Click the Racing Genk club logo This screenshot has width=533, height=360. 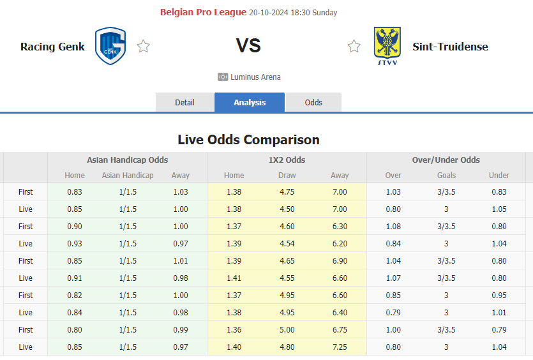click(x=110, y=46)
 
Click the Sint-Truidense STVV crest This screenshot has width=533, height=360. click(x=387, y=46)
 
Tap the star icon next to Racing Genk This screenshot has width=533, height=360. click(x=144, y=47)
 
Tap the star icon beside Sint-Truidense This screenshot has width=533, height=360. click(x=354, y=47)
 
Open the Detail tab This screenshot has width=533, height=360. click(x=184, y=102)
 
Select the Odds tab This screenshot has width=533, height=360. click(x=313, y=102)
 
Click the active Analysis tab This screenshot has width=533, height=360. click(x=250, y=102)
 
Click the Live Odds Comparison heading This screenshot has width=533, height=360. click(x=248, y=139)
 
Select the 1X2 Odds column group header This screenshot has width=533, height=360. click(x=287, y=160)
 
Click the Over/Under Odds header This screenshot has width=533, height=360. click(x=446, y=160)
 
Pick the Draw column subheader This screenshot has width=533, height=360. click(x=287, y=176)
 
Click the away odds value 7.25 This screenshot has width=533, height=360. click(x=340, y=347)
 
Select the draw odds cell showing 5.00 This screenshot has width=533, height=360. click(x=287, y=329)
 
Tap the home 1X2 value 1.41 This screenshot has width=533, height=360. click(x=234, y=278)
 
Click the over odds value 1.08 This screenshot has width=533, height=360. click(x=393, y=226)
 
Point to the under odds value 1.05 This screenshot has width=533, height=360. click(x=499, y=209)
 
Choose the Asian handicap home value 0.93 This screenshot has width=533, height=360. click(x=74, y=243)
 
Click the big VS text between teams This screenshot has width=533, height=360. click(x=248, y=46)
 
